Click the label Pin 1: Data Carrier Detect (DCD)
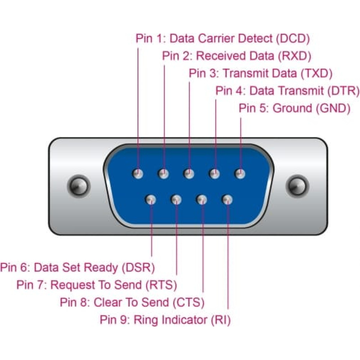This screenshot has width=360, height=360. (222, 38)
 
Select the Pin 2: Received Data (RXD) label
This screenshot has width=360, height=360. (237, 56)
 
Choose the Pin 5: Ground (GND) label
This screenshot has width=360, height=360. (294, 108)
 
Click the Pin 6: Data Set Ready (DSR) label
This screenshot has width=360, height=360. (77, 267)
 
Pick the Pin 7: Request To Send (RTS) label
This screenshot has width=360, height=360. (97, 285)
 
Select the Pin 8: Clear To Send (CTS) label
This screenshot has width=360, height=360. (132, 302)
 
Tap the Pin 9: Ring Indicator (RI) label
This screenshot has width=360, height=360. (165, 319)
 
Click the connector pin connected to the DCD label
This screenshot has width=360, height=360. (138, 174)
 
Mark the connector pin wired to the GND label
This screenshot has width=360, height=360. (240, 174)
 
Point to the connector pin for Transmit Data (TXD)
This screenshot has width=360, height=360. (189, 174)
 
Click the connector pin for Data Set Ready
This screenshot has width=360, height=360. (151, 200)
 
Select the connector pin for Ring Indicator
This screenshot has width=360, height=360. (228, 200)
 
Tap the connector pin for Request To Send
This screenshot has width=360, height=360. (176, 200)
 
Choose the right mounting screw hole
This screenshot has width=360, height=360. (297, 186)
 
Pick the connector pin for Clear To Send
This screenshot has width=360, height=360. (202, 200)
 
